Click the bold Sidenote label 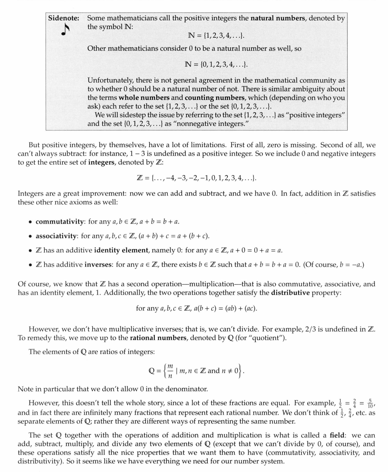coord(63,18)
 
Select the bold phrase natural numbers coord(278,18)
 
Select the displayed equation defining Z coord(196,178)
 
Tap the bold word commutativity coord(60,221)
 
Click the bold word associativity coord(56,236)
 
